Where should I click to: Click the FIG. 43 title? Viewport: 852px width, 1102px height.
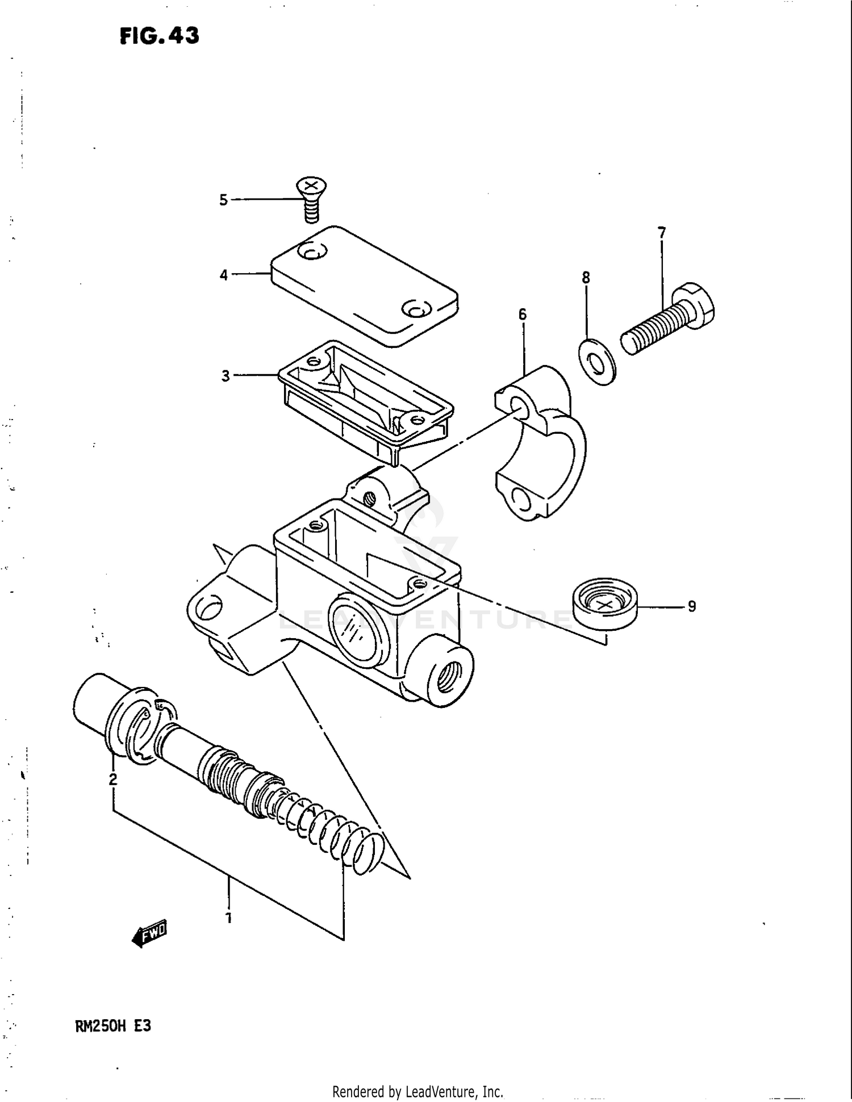pyautogui.click(x=159, y=36)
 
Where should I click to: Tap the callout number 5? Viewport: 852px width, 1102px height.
pyautogui.click(x=223, y=200)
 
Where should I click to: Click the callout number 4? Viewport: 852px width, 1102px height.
pyautogui.click(x=224, y=275)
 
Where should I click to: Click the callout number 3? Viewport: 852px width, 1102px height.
pyautogui.click(x=225, y=376)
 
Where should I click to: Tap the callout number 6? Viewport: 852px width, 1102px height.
pyautogui.click(x=522, y=314)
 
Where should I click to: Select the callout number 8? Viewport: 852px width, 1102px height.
pyautogui.click(x=586, y=278)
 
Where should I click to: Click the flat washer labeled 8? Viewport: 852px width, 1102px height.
pyautogui.click(x=597, y=362)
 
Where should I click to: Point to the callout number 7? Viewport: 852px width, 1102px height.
pyautogui.click(x=661, y=233)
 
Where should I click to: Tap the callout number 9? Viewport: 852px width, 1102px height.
pyautogui.click(x=691, y=607)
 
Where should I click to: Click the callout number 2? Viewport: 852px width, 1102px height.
pyautogui.click(x=113, y=780)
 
